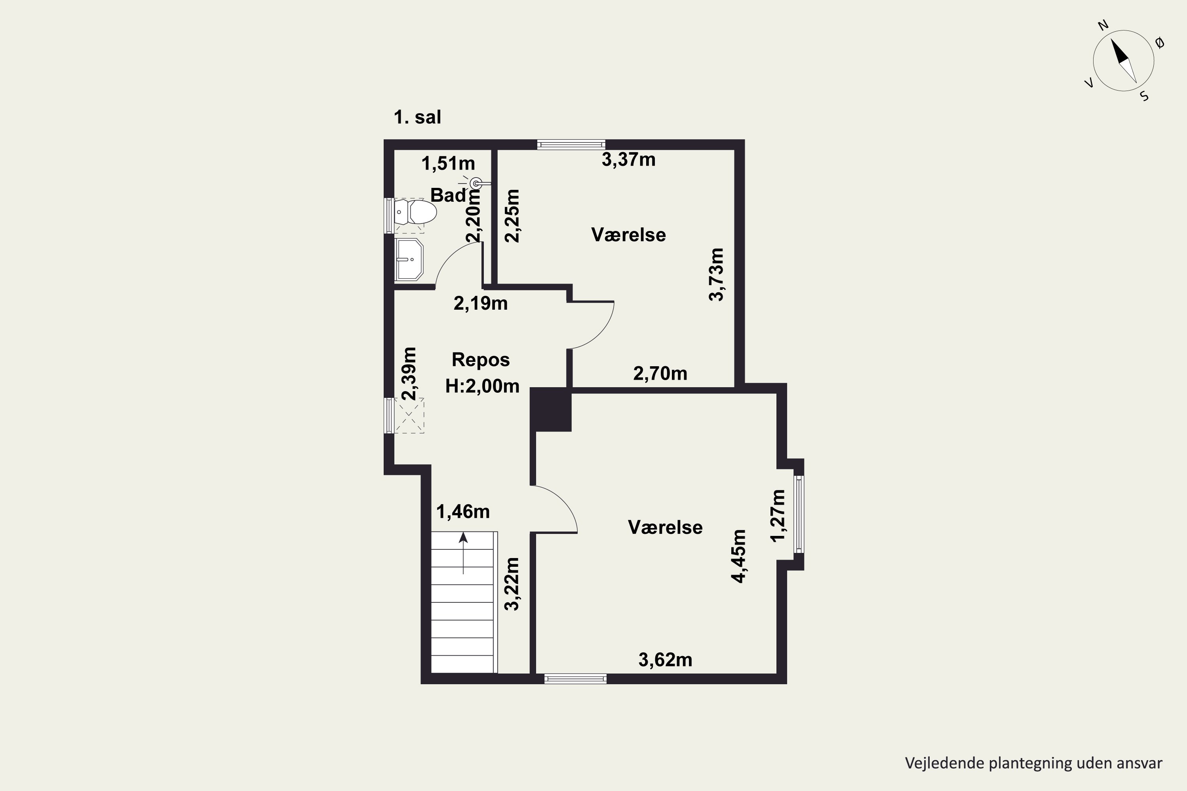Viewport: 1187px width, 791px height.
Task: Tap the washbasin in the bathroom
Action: pyautogui.click(x=409, y=259)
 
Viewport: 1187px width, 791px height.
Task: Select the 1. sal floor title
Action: pyautogui.click(x=417, y=117)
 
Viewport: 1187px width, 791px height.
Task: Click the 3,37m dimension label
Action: pyautogui.click(x=628, y=159)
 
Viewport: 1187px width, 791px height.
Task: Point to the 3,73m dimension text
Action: pyautogui.click(x=716, y=274)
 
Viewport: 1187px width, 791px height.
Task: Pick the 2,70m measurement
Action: pyautogui.click(x=660, y=373)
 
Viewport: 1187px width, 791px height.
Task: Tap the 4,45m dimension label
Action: pyautogui.click(x=739, y=556)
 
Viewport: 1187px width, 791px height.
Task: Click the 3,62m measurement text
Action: pyautogui.click(x=665, y=660)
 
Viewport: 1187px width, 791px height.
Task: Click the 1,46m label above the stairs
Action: pyautogui.click(x=463, y=511)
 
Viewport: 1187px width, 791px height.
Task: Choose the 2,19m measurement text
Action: pyautogui.click(x=480, y=303)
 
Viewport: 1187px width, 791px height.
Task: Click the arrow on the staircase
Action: pyautogui.click(x=463, y=553)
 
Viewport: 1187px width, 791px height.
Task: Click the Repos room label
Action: pyautogui.click(x=480, y=360)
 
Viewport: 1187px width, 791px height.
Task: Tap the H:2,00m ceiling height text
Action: pyautogui.click(x=482, y=386)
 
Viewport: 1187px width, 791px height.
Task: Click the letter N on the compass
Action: pyautogui.click(x=1103, y=39)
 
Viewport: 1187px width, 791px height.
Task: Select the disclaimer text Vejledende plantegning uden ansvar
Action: pyautogui.click(x=1033, y=763)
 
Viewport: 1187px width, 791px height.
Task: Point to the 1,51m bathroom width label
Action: pyautogui.click(x=448, y=163)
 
